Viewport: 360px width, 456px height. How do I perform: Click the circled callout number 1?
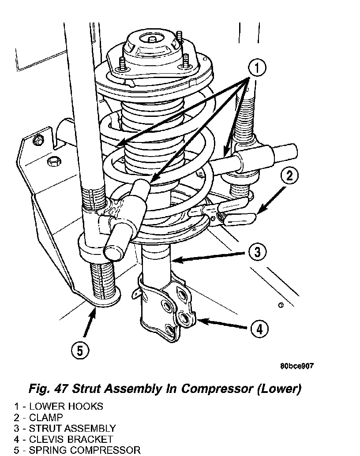point(257,68)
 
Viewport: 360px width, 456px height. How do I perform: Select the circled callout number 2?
point(289,176)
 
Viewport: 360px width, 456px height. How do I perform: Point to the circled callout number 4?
point(259,329)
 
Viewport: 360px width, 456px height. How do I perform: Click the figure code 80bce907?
point(297,366)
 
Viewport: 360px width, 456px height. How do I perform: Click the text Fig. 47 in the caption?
point(48,389)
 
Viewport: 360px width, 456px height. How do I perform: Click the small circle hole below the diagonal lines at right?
point(281,305)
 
